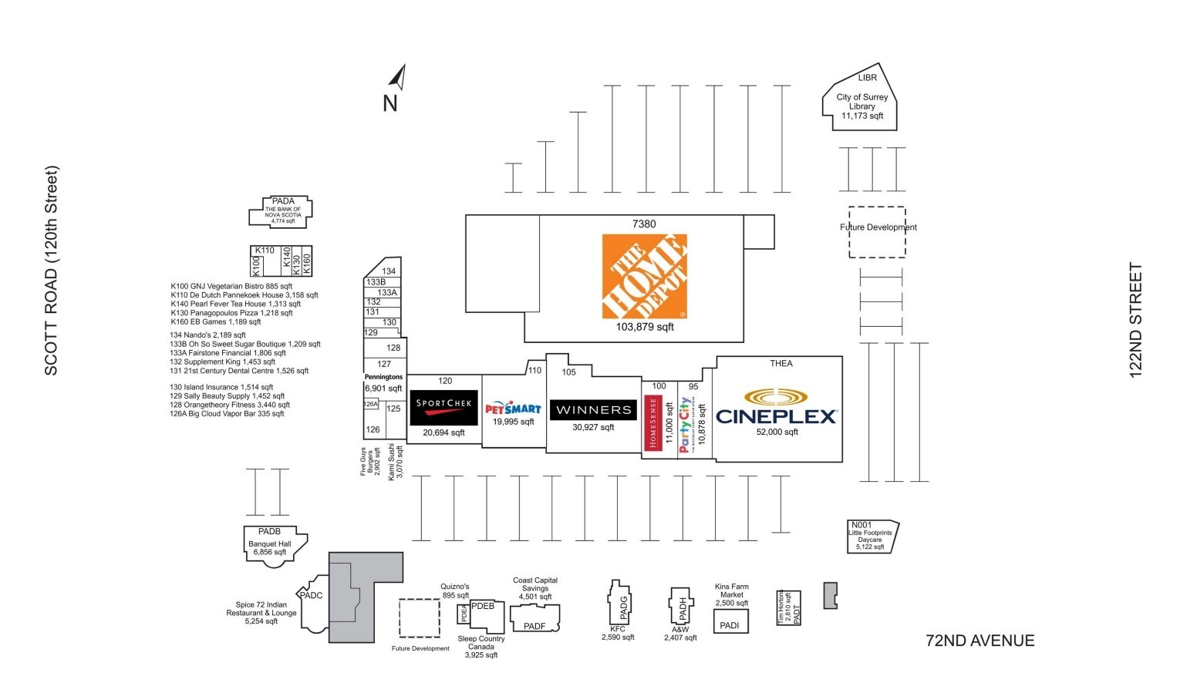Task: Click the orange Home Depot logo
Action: point(644,276)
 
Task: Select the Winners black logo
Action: point(593,409)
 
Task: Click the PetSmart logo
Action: point(513,409)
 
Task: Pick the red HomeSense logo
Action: point(652,422)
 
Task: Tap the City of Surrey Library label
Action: point(861,106)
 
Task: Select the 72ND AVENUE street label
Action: point(979,641)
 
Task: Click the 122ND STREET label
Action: point(1135,320)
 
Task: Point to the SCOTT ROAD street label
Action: point(52,271)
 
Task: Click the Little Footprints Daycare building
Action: point(872,537)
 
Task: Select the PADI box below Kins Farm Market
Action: point(730,622)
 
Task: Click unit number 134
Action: point(389,271)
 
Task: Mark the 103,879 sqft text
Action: point(645,327)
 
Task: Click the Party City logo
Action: point(685,424)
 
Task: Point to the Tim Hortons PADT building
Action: point(788,608)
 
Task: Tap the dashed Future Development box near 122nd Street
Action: point(877,232)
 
